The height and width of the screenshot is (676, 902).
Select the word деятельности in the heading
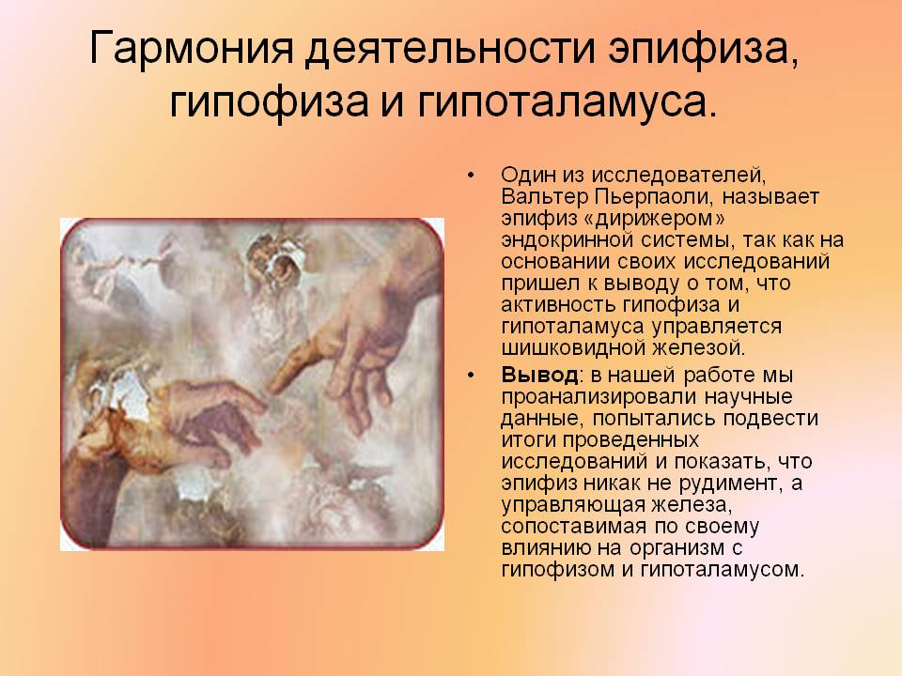[450, 48]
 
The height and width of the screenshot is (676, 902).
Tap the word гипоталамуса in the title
[568, 101]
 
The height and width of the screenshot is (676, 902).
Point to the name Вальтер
[545, 196]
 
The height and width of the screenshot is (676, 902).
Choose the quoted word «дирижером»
[661, 219]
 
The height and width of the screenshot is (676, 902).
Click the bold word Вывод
[539, 375]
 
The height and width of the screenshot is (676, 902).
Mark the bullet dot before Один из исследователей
[472, 176]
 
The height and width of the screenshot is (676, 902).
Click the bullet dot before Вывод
[472, 376]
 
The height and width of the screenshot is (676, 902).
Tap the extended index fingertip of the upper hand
[274, 386]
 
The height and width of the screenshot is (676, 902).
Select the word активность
[552, 304]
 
